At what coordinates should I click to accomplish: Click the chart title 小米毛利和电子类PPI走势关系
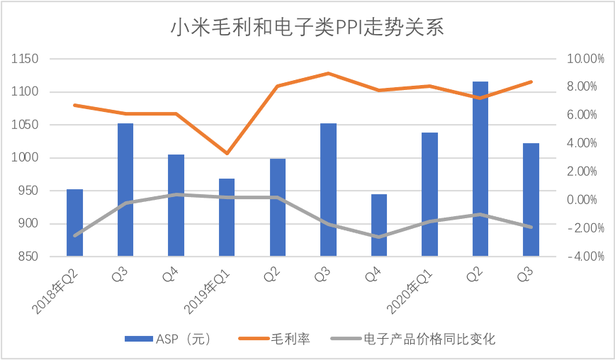click(x=307, y=28)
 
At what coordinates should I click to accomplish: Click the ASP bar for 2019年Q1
click(x=226, y=217)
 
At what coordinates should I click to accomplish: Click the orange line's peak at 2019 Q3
click(x=328, y=73)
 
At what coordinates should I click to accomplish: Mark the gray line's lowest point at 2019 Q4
click(x=378, y=237)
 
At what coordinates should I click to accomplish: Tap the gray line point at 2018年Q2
click(x=74, y=236)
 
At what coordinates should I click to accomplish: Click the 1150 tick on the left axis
click(x=26, y=59)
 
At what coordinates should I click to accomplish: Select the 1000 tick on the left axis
click(x=26, y=158)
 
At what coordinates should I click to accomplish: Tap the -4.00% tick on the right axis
click(x=581, y=257)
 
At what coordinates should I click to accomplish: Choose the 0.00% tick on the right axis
click(x=581, y=200)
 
